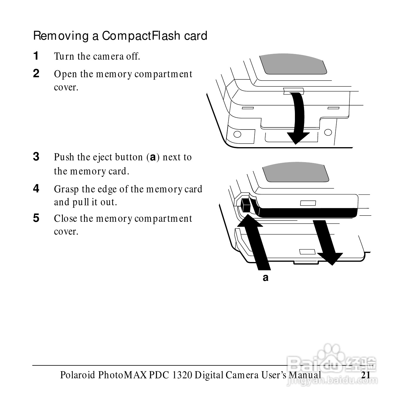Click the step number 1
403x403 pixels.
[x=36, y=56]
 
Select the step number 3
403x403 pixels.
[x=36, y=157]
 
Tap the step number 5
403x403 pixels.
[x=36, y=218]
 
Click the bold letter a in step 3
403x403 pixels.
[x=153, y=157]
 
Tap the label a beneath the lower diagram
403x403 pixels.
[x=266, y=277]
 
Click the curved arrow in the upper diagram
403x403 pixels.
[x=297, y=117]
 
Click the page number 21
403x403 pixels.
[x=366, y=375]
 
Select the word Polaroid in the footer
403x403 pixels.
[x=78, y=375]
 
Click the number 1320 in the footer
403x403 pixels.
[x=182, y=375]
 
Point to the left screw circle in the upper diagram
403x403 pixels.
[x=237, y=135]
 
